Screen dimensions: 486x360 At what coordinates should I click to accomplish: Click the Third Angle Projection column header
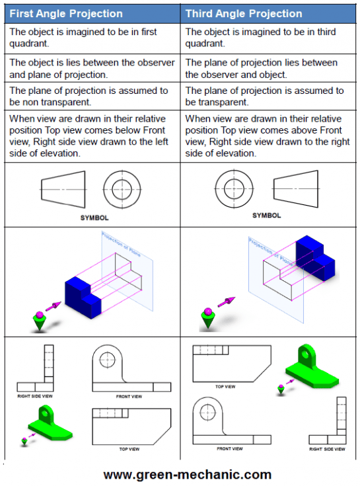coord(243,13)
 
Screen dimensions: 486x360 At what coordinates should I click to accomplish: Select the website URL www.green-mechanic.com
coord(187,474)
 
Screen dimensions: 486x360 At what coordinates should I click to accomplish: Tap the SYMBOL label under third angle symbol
coord(266,216)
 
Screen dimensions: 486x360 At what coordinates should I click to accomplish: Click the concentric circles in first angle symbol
coord(122,189)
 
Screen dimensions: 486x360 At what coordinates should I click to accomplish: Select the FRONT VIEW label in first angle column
coord(129,396)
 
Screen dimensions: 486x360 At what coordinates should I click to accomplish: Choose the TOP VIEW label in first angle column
coord(129,449)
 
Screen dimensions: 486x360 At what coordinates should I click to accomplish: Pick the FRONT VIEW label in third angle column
coord(229,448)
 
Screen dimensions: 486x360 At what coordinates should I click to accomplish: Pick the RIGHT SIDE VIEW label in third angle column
coord(327,449)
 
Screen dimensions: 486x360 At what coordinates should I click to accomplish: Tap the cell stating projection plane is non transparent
coord(92,97)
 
